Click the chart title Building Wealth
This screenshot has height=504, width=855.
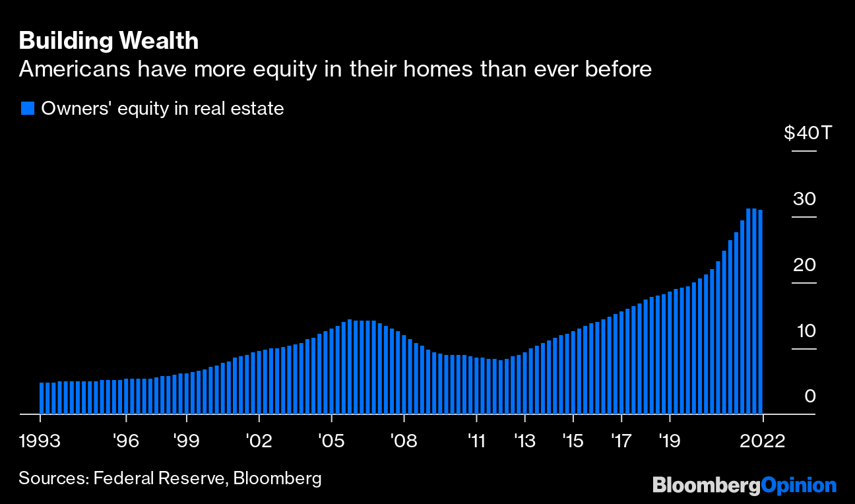[x=109, y=41]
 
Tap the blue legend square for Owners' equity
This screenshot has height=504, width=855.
[x=27, y=108]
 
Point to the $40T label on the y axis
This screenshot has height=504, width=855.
[x=809, y=133]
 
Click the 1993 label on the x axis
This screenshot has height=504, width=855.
[x=41, y=440]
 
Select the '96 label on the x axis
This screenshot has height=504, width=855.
[x=126, y=440]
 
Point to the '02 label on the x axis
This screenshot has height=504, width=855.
[x=259, y=440]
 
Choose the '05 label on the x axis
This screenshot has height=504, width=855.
[x=332, y=440]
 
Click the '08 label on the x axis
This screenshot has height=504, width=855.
[x=404, y=440]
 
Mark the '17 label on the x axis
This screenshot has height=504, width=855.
[x=621, y=440]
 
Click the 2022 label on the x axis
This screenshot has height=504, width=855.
[x=763, y=440]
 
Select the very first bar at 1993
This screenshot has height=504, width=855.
[x=41, y=398]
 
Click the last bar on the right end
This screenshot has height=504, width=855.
[x=761, y=311]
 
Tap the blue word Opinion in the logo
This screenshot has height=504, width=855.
[x=798, y=486]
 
